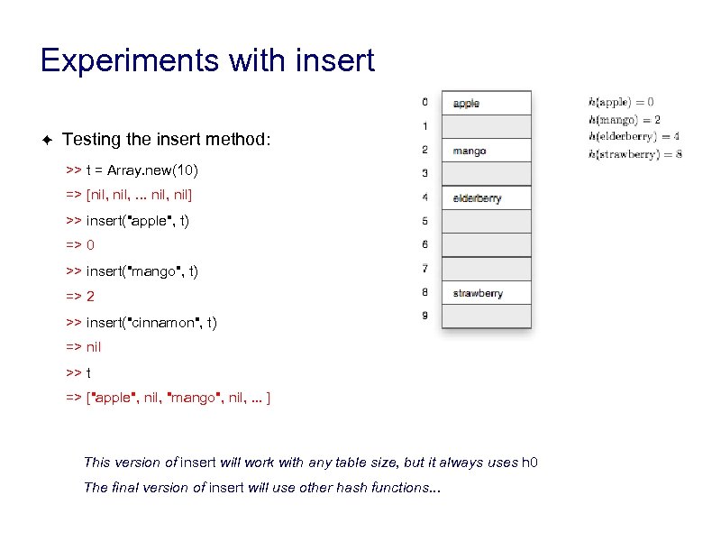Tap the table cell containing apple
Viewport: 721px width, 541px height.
coord(486,103)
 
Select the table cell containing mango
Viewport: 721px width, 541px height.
coord(486,151)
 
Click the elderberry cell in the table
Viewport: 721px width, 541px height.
coord(486,197)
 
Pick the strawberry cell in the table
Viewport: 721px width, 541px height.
coord(486,293)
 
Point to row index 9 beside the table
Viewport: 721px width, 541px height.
coord(425,316)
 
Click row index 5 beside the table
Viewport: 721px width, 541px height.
coord(425,221)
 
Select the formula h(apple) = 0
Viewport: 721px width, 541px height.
coord(621,102)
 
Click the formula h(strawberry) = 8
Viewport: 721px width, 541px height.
coord(634,153)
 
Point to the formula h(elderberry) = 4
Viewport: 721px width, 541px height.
coord(634,136)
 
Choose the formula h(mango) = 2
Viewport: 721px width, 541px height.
coord(625,119)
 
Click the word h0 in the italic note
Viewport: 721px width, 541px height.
coord(530,463)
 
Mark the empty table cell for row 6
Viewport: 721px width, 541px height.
coord(486,245)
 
